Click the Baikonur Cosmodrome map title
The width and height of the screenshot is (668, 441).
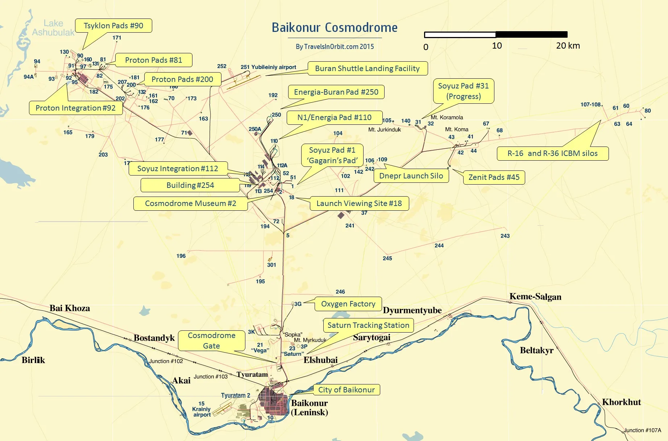pos(334,28)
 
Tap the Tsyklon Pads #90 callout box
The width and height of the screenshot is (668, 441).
pos(113,26)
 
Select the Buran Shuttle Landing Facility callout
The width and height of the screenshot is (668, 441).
pos(367,69)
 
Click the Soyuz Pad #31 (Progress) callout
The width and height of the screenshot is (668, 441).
pos(463,91)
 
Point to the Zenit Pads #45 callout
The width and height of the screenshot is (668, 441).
pos(494,177)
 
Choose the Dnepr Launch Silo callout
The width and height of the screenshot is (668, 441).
pos(411,176)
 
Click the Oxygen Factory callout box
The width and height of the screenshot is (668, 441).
pos(348,304)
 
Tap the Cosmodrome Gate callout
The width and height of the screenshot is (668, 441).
pos(211,341)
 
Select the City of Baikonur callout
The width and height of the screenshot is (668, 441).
pos(346,390)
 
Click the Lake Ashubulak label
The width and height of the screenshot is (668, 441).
pos(53,28)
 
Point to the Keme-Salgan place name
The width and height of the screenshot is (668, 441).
pos(535,297)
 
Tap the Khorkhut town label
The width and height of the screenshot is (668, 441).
pos(621,402)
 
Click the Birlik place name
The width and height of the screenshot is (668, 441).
pos(33,360)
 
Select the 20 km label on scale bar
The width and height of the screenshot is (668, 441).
pos(568,46)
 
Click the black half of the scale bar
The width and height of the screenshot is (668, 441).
pos(531,35)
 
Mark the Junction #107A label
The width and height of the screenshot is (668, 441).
pos(642,430)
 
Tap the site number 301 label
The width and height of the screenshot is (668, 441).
pos(271,265)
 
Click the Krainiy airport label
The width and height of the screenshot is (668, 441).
pos(202,409)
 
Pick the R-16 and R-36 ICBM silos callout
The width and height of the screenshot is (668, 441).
pos(552,153)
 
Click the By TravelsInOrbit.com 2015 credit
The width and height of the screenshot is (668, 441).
pos(335,47)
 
